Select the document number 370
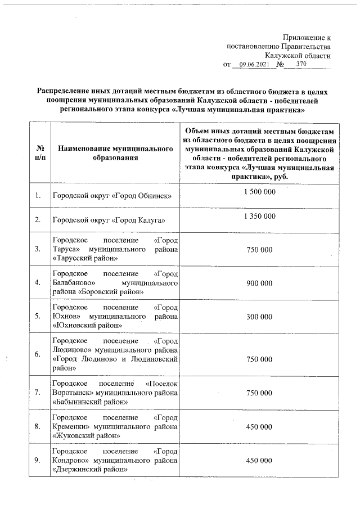point(301,65)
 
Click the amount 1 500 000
point(259,192)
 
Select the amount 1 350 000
point(259,216)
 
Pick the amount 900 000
point(259,283)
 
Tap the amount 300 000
point(259,317)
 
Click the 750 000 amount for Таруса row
point(259,250)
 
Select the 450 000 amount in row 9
point(259,460)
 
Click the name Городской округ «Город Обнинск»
point(111,196)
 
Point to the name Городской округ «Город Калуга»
point(108,220)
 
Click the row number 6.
point(38,354)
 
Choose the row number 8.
point(38,426)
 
